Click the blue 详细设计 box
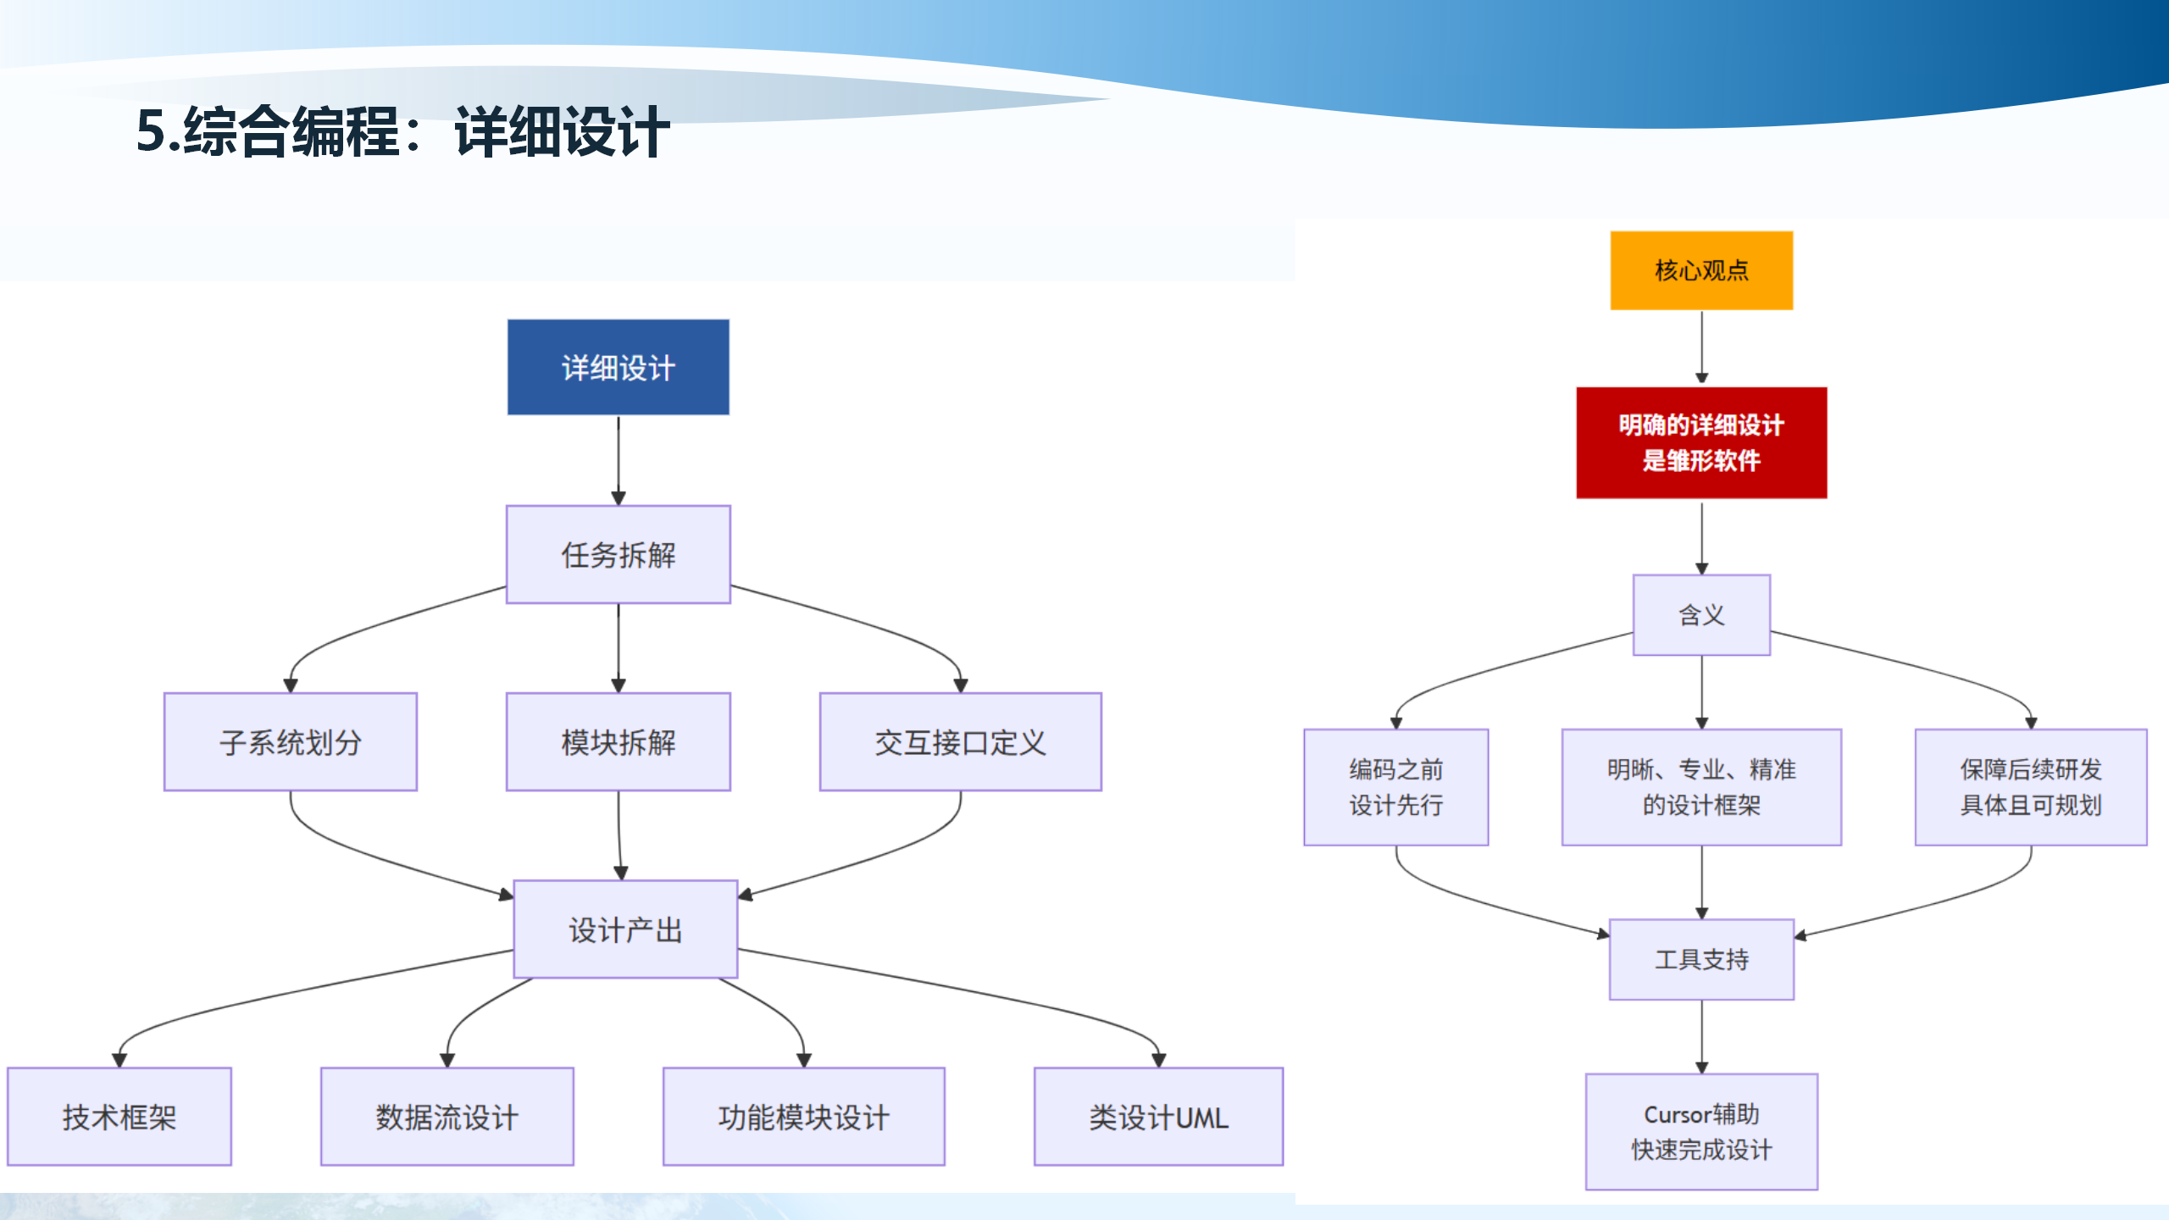pos(618,367)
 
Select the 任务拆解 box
pos(618,555)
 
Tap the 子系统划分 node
pos(290,742)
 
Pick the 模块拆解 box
pos(618,742)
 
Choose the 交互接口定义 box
pos(960,742)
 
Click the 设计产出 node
pos(625,929)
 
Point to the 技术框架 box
pos(119,1117)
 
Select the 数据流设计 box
pos(447,1117)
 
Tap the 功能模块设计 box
pos(803,1117)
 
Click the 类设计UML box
pos(1158,1117)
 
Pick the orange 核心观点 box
pos(1701,270)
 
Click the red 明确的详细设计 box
pos(1701,442)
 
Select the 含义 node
pos(1701,615)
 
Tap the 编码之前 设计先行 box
pos(1395,787)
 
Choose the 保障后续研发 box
pos(2030,787)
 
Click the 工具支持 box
pos(1701,959)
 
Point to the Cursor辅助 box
pos(1701,1132)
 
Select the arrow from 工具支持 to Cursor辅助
pos(1701,1035)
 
